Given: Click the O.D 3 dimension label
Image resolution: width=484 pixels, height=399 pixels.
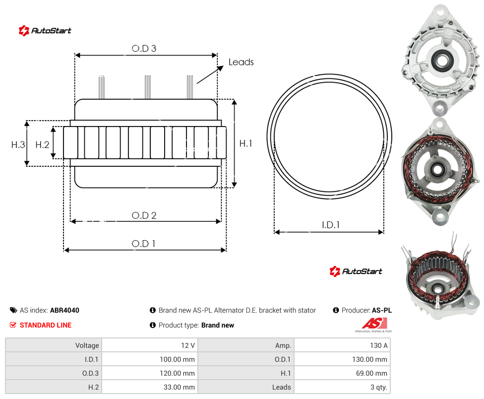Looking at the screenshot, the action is click(144, 49).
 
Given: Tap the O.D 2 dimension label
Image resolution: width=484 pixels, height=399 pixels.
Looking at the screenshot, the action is click(144, 215).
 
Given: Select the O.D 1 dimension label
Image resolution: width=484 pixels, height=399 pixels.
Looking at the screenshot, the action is click(143, 244).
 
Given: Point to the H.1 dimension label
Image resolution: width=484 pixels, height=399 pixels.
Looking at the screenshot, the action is click(245, 143).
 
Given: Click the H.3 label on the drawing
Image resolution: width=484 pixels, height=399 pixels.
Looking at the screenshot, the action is click(18, 144).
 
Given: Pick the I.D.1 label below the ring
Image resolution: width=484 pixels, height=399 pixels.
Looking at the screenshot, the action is click(331, 225).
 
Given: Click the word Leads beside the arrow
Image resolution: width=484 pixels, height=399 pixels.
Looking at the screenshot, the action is click(241, 62).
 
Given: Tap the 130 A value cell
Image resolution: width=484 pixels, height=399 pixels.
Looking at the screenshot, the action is click(342, 345).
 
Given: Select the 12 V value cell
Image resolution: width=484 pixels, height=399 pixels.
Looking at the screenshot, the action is click(150, 345).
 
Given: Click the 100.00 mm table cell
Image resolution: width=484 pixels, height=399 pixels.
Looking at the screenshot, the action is click(150, 359).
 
